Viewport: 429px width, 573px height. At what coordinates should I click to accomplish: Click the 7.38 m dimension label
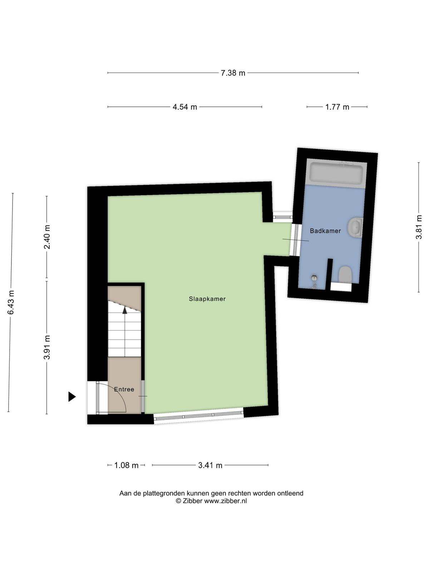tap(233, 73)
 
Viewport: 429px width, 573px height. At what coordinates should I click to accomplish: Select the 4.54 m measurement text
tap(185, 107)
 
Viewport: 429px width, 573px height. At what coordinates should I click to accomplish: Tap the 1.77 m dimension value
tap(337, 107)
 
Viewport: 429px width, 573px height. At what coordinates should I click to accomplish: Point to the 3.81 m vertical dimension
tap(419, 227)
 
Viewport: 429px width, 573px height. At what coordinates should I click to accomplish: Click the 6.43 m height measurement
tap(11, 302)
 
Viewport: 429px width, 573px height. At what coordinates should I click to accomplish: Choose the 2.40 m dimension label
tap(47, 237)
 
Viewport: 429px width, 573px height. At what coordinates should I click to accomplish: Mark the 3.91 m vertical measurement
tap(47, 347)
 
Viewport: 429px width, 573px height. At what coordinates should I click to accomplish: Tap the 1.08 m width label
tap(126, 465)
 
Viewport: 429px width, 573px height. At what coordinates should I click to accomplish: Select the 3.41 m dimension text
tap(210, 465)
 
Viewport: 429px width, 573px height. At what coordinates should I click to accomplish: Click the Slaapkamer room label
tap(207, 299)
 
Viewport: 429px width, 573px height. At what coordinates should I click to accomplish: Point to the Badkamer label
tap(325, 231)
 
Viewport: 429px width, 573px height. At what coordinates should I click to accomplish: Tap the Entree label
tap(124, 389)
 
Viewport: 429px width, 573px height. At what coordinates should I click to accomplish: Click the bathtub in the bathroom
tap(336, 173)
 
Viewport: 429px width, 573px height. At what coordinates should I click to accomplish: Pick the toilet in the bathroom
tap(345, 274)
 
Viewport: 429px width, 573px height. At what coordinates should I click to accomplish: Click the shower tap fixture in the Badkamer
tap(314, 281)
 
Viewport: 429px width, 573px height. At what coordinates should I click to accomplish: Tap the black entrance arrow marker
tap(72, 396)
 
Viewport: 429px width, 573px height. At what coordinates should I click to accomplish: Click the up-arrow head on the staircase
tap(125, 310)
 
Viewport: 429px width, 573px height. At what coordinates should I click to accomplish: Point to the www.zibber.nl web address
tap(225, 501)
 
